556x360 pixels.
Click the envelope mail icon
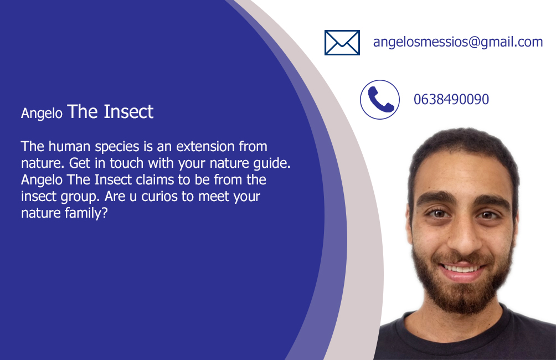342,43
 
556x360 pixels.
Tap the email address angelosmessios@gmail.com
458,42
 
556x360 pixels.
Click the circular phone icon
380,100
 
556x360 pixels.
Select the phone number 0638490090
451,99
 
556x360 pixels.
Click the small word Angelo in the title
42,114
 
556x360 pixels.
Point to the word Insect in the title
128,112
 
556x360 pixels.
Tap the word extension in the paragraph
205,146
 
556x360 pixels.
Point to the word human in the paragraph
70,146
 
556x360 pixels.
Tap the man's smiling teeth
461,269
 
